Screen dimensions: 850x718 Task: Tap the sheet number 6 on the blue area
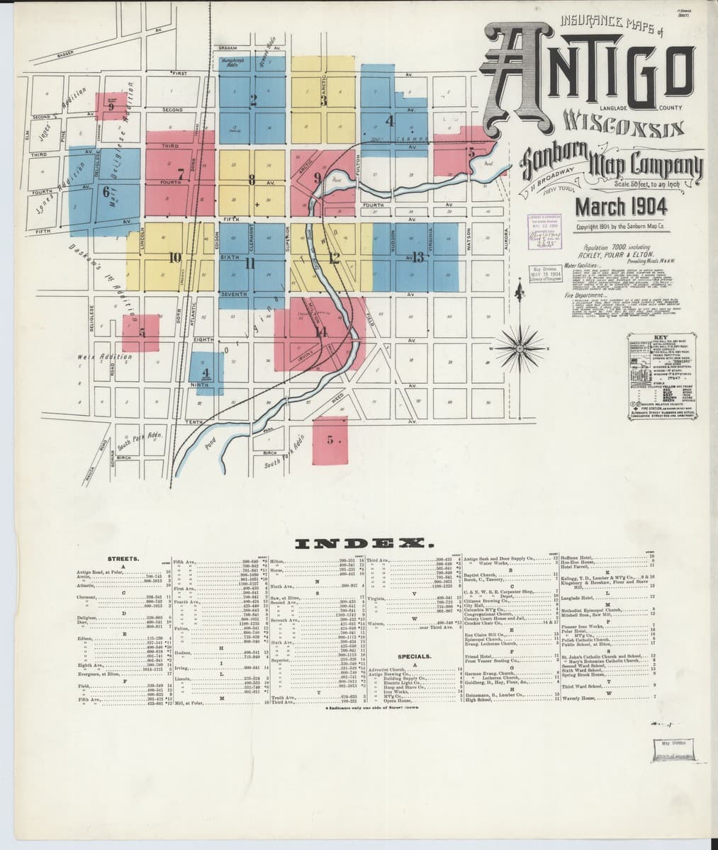[107, 191]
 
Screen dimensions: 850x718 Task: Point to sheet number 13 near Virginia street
[418, 256]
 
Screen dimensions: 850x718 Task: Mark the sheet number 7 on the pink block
[181, 172]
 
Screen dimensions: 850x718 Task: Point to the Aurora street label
[505, 235]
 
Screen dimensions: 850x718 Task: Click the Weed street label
[338, 397]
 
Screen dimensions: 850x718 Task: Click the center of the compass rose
[519, 347]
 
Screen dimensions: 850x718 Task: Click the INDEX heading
[359, 543]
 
